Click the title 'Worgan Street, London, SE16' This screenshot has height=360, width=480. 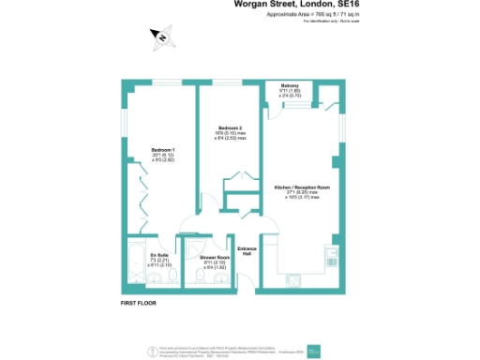[292, 7]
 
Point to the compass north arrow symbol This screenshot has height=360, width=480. [161, 37]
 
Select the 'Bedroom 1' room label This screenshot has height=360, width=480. [164, 149]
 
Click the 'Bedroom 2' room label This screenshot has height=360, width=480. [231, 127]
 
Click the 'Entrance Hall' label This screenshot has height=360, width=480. [247, 251]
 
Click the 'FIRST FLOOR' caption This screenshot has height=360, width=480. [139, 305]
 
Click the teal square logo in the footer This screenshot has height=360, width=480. [312, 352]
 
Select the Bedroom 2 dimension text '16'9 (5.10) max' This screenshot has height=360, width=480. [231, 133]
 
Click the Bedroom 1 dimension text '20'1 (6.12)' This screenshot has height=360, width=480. [164, 155]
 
